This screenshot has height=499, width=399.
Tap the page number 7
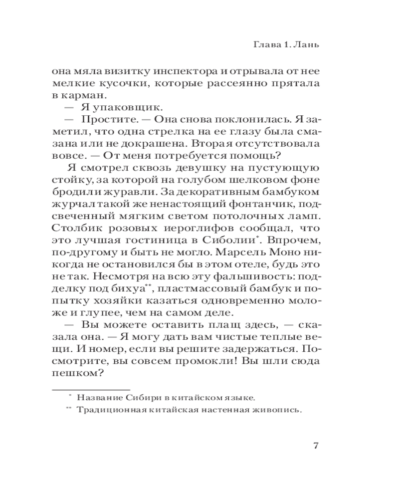[315, 446]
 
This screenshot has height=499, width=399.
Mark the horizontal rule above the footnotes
[91, 389]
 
